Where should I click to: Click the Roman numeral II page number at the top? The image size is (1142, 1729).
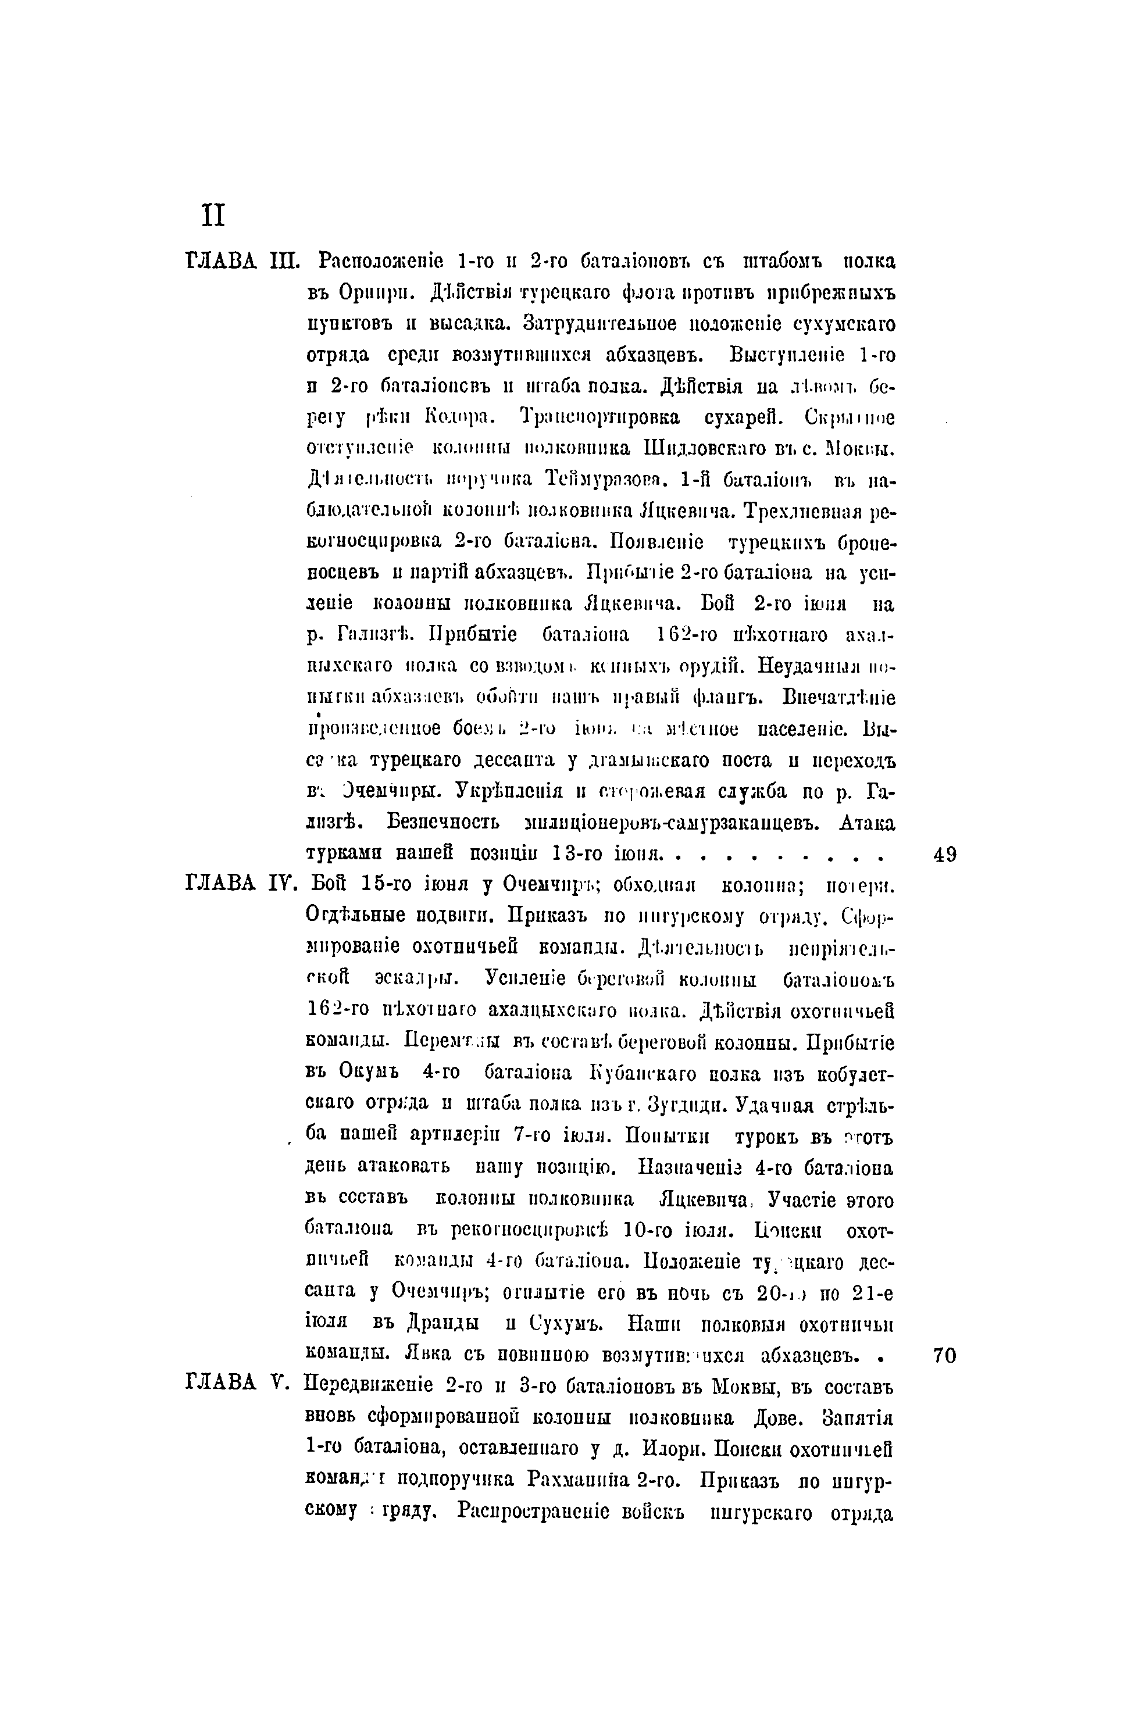(x=213, y=216)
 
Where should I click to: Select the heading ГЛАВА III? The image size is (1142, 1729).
(x=242, y=260)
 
